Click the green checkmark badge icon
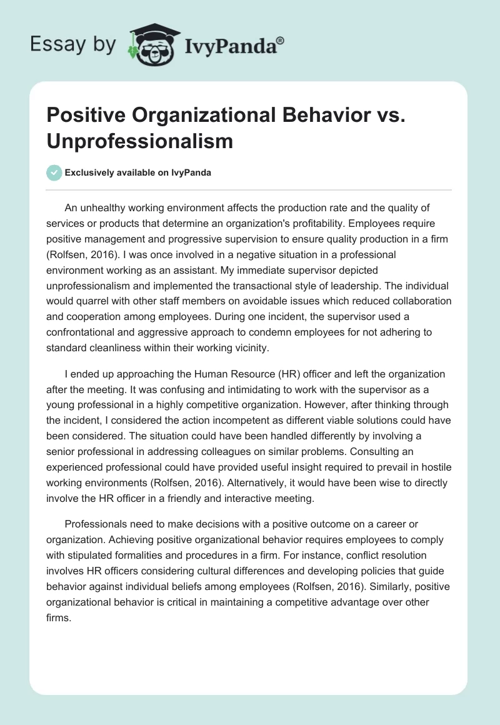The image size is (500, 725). (54, 172)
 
